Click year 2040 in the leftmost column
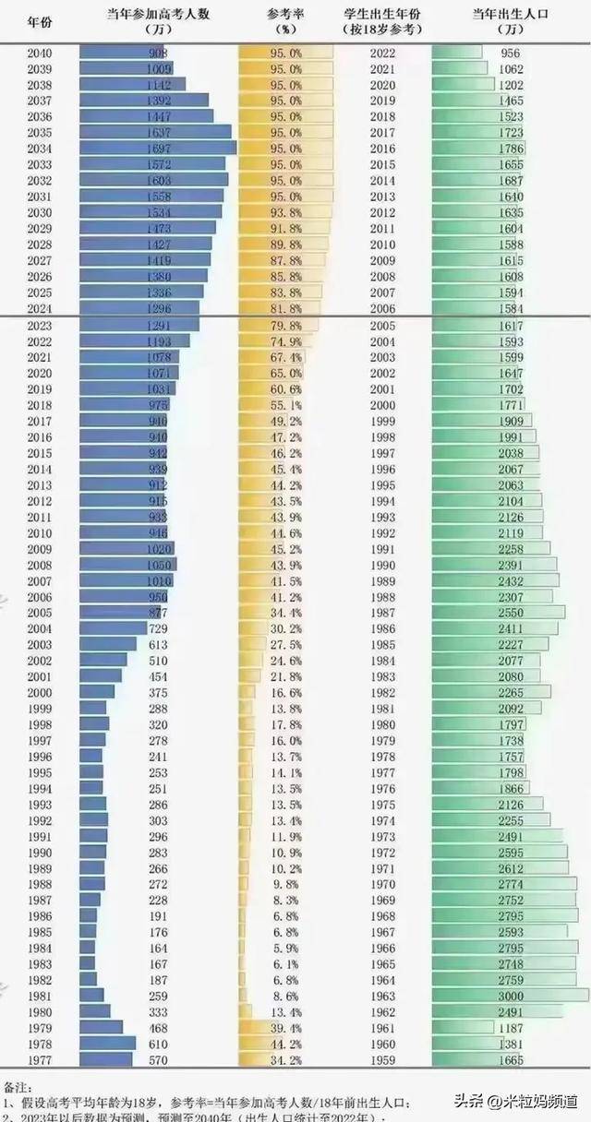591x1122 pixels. pos(40,54)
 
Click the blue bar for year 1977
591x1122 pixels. pos(103,1059)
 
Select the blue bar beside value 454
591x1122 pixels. pos(101,675)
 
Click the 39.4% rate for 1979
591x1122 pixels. pos(285,1027)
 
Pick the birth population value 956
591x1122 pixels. pos(509,54)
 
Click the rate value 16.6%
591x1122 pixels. pos(285,692)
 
